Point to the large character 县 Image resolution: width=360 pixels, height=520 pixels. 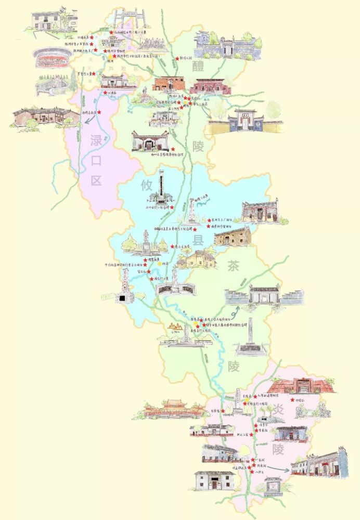(198, 240)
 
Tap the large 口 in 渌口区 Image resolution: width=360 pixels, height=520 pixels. (96, 161)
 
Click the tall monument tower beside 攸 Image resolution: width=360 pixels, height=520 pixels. (161, 187)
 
